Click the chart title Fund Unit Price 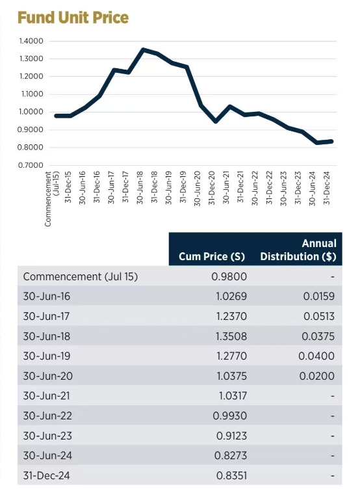pos(73,18)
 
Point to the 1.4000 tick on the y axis pos(31,41)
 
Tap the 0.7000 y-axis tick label pos(31,165)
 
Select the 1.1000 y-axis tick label pos(31,94)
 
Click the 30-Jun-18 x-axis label pos(140,187)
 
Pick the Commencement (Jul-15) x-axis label pos(52,199)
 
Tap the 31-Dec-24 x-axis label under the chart pos(326,187)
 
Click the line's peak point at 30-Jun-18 pos(143,49)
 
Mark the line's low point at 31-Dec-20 pos(216,121)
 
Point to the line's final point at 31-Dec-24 pos(331,141)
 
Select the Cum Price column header pos(212,256)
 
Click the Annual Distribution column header pos(298,250)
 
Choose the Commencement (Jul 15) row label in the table pos(81,276)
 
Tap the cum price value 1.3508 pos(231,336)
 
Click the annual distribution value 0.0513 pos(319,316)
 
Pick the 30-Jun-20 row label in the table pos(47,376)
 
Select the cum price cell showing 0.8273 pos(231,455)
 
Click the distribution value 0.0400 pos(316,356)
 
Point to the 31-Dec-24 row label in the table pos(46,475)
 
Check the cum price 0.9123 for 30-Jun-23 pos(231,436)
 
